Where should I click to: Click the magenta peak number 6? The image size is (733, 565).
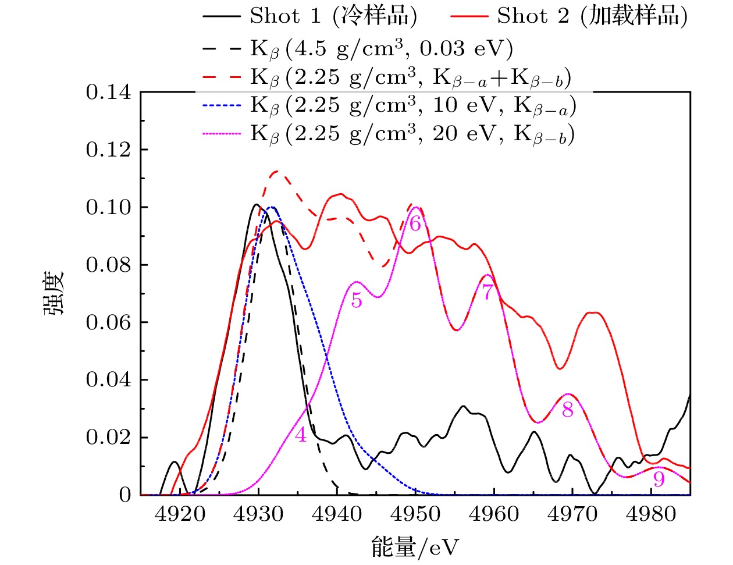[x=415, y=223]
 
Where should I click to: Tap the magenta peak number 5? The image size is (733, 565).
[x=357, y=301]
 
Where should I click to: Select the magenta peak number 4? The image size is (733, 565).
[x=300, y=435]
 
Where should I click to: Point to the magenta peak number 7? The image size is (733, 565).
[x=488, y=292]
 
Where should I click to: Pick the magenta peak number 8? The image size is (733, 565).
[x=568, y=410]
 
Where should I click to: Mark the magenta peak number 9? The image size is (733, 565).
[x=659, y=479]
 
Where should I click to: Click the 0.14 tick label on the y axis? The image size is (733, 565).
[x=109, y=93]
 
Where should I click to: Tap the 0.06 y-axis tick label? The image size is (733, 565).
[x=109, y=322]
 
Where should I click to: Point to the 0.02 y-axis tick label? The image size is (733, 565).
[x=109, y=438]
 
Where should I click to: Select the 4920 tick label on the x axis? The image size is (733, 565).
[x=180, y=514]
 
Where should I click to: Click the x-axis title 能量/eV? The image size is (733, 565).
[x=415, y=548]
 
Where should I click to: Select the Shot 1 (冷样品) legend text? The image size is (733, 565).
[x=333, y=16]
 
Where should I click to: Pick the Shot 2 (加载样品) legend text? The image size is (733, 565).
[x=592, y=16]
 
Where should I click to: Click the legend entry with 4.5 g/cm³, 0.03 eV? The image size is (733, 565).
[x=382, y=49]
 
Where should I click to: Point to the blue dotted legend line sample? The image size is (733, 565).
[x=221, y=106]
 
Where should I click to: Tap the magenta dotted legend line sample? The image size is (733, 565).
[x=221, y=134]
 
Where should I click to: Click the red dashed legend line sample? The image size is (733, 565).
[x=221, y=77]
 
